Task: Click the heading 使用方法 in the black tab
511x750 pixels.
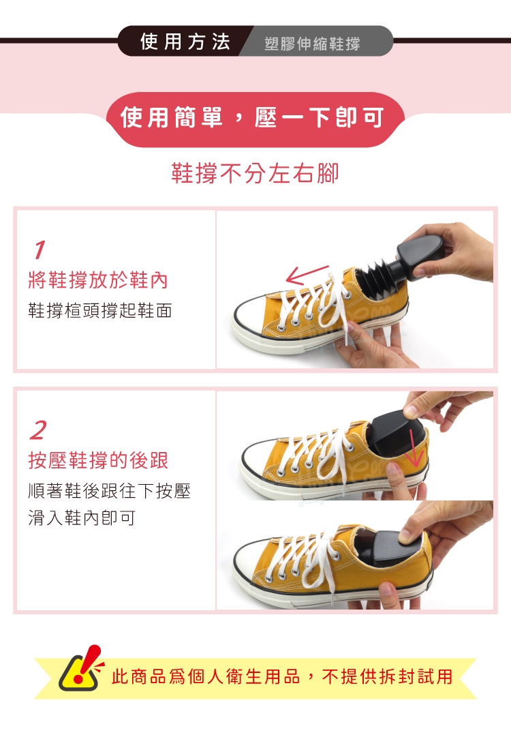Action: coord(185,42)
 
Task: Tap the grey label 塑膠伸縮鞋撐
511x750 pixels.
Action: coord(312,44)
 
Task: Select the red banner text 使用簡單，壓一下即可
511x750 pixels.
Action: coord(252,118)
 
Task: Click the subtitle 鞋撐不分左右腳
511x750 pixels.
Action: coord(255,173)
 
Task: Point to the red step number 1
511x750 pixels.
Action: coord(40,250)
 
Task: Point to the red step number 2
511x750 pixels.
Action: coord(38,430)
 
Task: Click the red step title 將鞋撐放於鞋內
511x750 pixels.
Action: coord(98,280)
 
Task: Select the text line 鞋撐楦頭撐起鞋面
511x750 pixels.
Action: coord(100,310)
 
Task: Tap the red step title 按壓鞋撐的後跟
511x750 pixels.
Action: coord(98,460)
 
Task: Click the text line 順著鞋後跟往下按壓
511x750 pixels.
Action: coord(110,491)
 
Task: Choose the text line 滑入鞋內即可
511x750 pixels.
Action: coord(82,517)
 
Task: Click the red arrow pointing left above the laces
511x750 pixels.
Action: coord(307,275)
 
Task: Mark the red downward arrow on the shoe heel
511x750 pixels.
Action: coord(414,448)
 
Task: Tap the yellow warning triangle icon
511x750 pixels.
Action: coord(80,670)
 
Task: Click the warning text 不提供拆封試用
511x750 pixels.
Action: coord(387,676)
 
